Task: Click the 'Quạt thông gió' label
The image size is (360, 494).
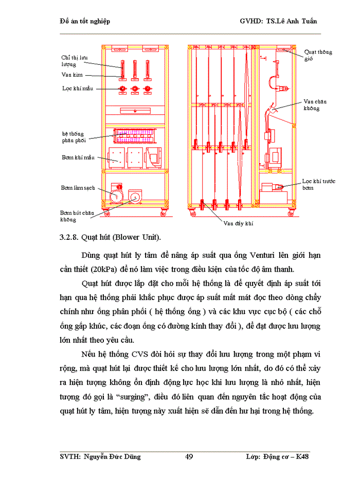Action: pos(318,56)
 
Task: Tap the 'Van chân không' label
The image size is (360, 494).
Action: pos(315,105)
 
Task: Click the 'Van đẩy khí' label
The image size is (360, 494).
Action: pos(238,224)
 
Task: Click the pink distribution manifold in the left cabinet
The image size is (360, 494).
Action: pos(135,136)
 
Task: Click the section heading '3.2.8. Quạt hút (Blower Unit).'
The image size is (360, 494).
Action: pos(111,238)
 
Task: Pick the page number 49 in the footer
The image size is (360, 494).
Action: pos(188,456)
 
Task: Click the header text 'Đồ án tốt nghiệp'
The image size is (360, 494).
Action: pos(85,21)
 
